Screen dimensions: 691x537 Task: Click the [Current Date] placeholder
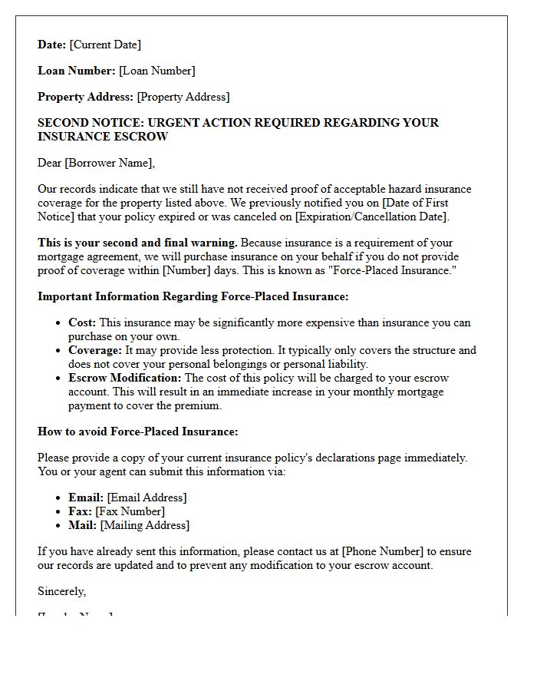click(105, 45)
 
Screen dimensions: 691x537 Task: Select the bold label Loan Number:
click(77, 71)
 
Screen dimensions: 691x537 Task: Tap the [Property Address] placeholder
click(183, 97)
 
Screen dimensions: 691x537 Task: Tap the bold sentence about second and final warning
click(137, 243)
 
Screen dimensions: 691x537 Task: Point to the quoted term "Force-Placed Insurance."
click(392, 270)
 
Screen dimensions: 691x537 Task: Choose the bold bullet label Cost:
click(82, 323)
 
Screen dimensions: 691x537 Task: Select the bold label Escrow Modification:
click(125, 379)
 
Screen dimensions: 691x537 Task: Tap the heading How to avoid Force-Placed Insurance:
click(138, 431)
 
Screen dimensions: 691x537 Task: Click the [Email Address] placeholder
click(147, 498)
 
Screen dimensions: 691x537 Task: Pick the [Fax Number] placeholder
click(130, 511)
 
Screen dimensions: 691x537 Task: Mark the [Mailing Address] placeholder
click(145, 525)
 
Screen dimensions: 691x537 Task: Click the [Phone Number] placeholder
click(382, 551)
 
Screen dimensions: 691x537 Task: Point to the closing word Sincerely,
click(62, 591)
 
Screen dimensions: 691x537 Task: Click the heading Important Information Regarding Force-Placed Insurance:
click(193, 296)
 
